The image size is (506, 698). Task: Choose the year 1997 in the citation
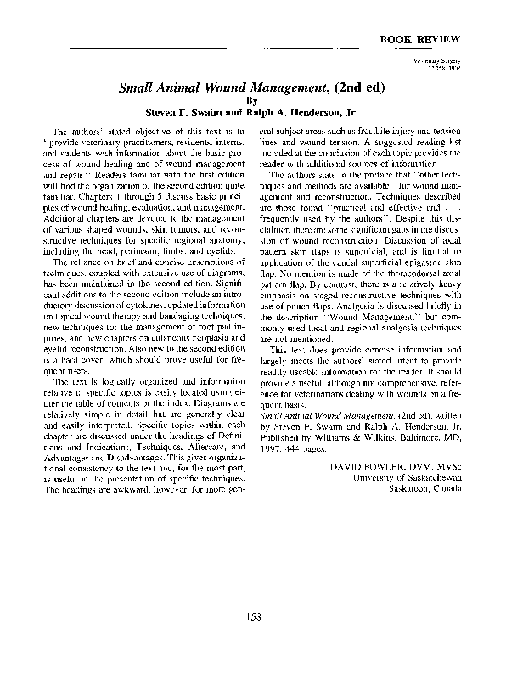tap(270, 451)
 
